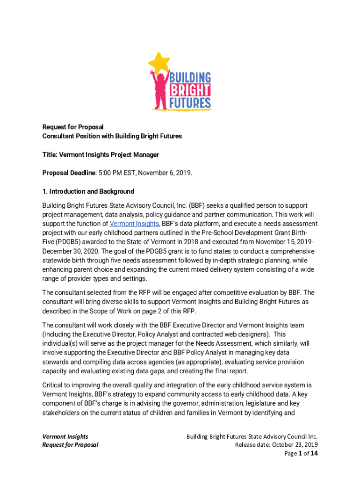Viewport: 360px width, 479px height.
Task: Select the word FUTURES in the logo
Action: tap(190, 102)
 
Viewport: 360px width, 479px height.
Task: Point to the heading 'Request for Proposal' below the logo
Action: tap(73, 127)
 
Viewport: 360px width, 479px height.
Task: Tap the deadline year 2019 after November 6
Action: tap(183, 173)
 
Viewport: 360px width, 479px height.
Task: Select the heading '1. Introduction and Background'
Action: tap(88, 191)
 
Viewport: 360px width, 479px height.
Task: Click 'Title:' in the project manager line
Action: tap(50, 155)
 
